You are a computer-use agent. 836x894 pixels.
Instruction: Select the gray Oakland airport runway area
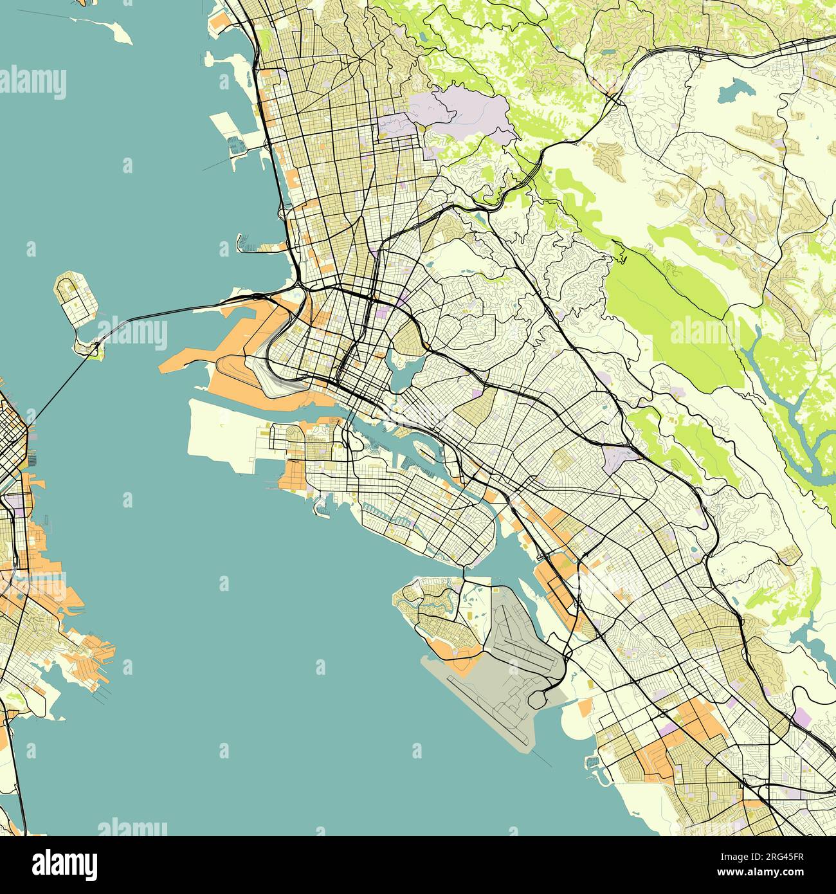(x=514, y=669)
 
